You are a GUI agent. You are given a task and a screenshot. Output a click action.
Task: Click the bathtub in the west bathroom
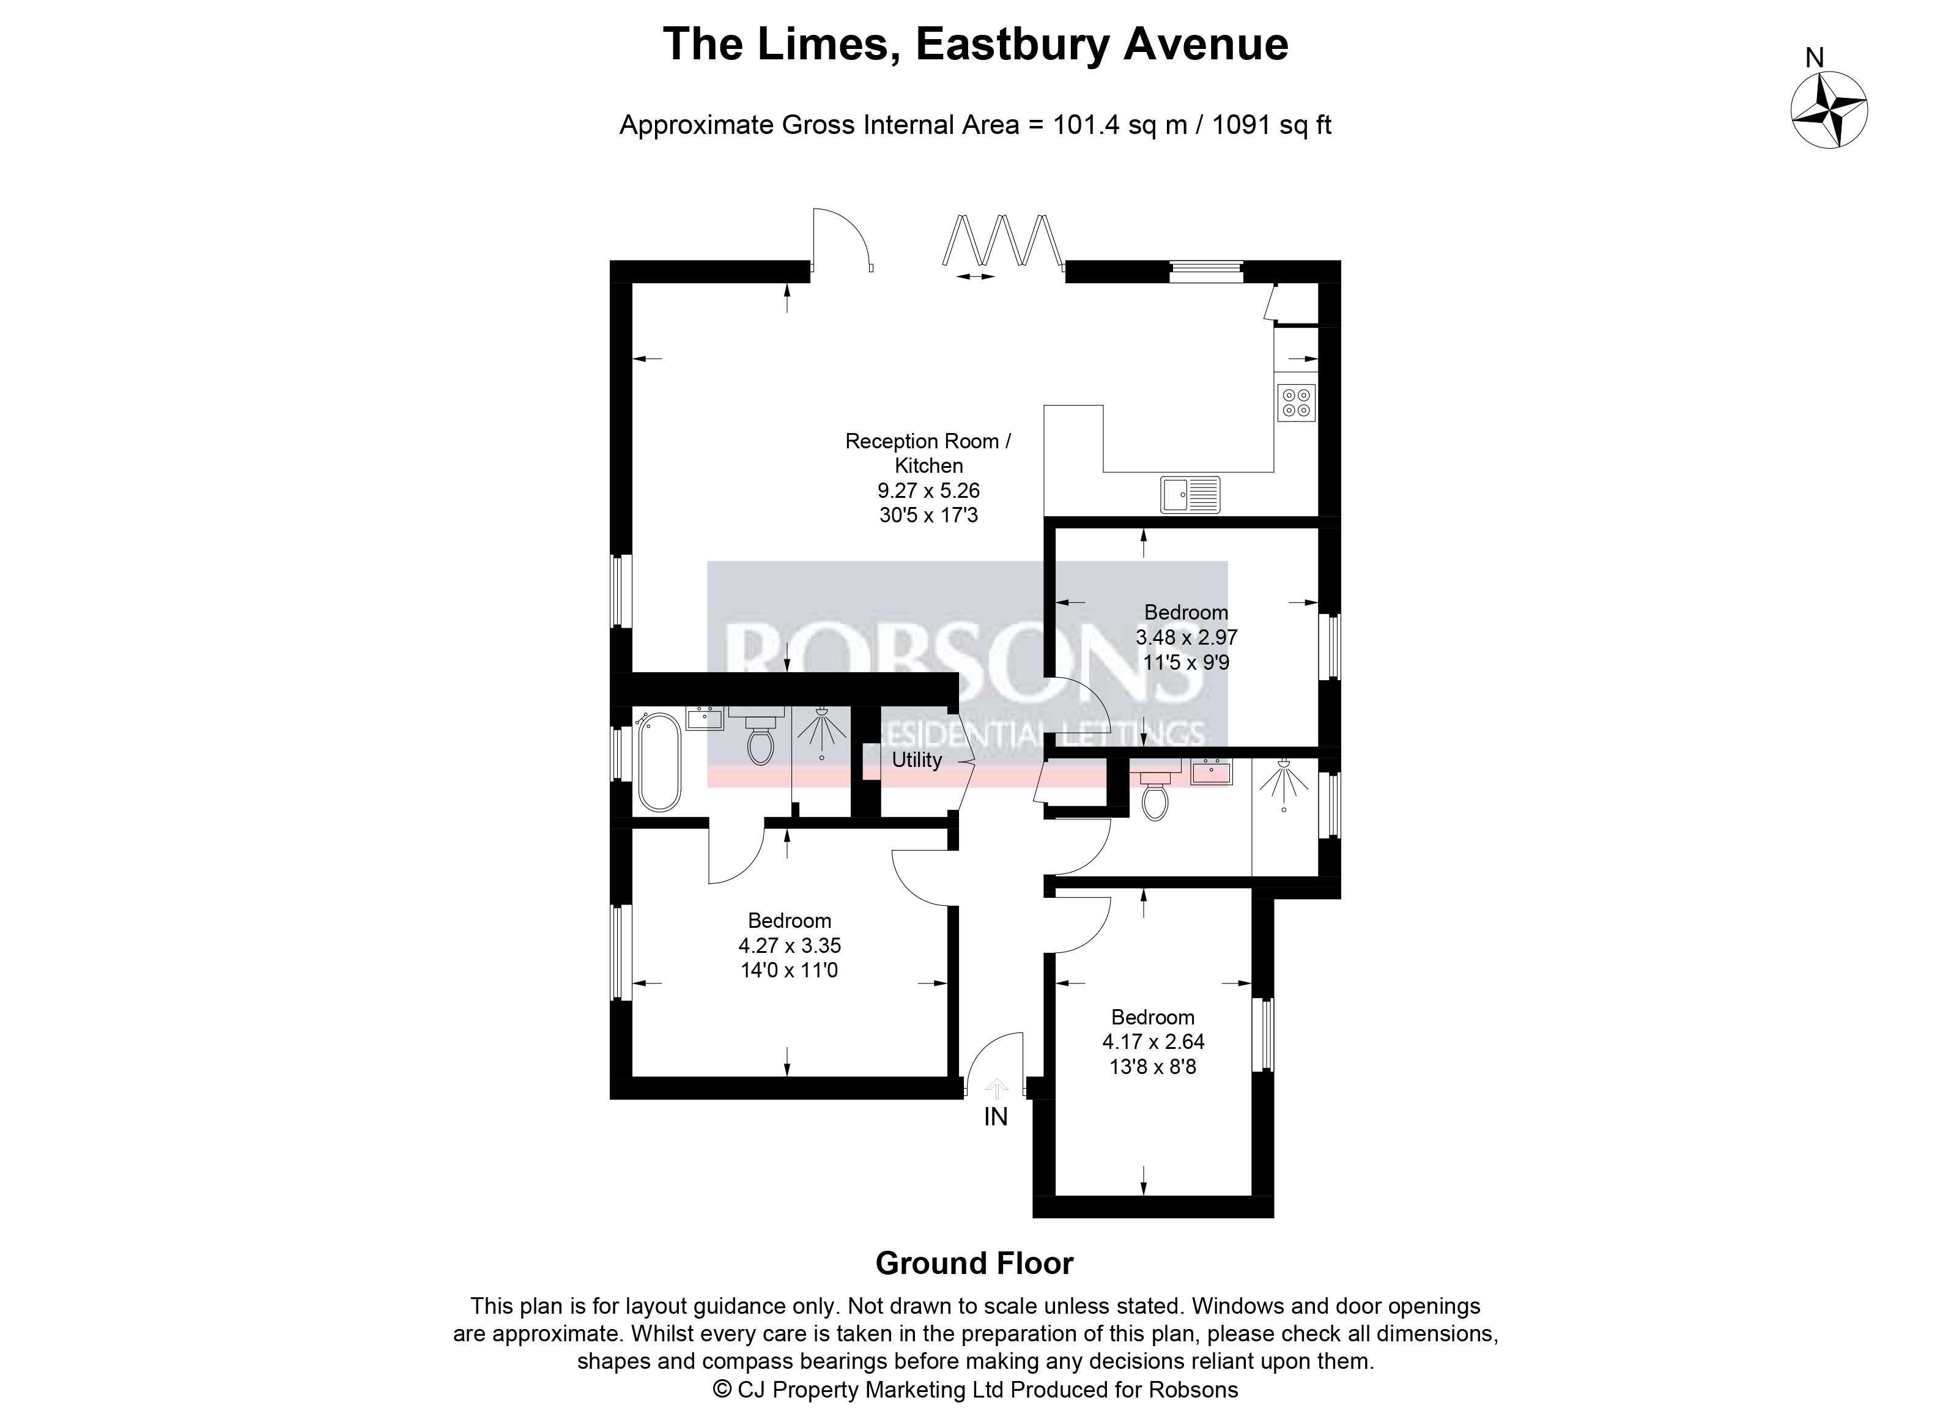pyautogui.click(x=658, y=761)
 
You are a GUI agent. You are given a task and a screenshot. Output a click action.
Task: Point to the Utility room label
pyautogui.click(x=916, y=760)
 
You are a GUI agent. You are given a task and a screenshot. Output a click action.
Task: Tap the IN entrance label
pyautogui.click(x=995, y=1117)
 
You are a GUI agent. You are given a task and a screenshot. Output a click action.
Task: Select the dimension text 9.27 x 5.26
pyautogui.click(x=928, y=491)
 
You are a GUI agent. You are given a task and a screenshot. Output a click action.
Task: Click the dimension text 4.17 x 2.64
pyautogui.click(x=1153, y=1042)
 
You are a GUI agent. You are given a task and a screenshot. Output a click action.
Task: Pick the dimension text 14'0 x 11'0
pyautogui.click(x=789, y=971)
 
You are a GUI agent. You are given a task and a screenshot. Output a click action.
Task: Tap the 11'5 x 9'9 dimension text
pyautogui.click(x=1187, y=662)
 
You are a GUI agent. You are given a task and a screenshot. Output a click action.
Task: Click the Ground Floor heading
pyautogui.click(x=975, y=1263)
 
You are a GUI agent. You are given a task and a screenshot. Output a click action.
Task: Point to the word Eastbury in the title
pyautogui.click(x=1012, y=45)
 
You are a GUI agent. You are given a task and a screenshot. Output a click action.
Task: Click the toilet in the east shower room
pyautogui.click(x=1155, y=796)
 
